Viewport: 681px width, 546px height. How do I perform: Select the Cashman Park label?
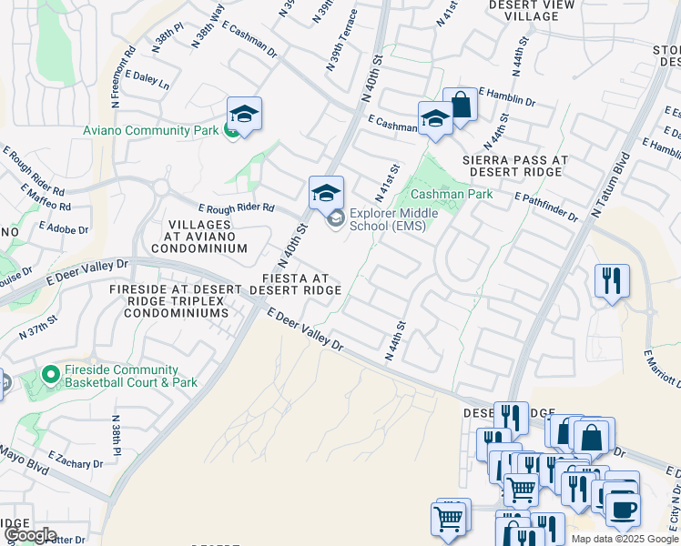point(439,195)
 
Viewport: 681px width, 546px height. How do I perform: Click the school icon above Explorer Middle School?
point(326,193)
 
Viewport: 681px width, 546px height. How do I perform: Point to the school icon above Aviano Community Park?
point(244,114)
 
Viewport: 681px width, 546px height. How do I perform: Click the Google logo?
point(30,535)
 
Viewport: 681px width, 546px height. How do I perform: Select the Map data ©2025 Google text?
point(625,539)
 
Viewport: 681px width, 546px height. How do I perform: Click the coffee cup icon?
point(623,510)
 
